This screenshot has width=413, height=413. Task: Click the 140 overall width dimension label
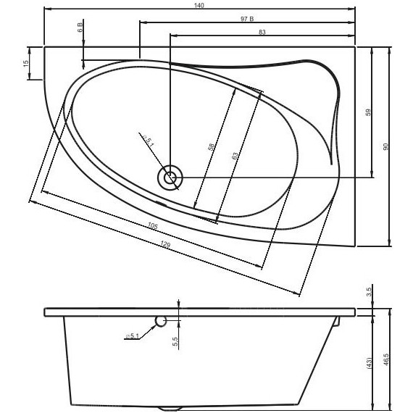[199, 5]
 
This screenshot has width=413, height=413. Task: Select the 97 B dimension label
[247, 19]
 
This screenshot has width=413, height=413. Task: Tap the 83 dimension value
[262, 32]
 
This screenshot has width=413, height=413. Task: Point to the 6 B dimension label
[80, 28]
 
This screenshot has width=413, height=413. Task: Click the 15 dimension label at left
[26, 64]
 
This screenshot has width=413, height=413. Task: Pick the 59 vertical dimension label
[368, 112]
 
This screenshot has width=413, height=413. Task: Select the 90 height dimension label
[385, 146]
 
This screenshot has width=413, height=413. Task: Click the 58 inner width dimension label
[212, 146]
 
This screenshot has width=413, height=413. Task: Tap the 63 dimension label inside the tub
[235, 155]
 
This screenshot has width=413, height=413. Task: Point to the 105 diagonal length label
[152, 225]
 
